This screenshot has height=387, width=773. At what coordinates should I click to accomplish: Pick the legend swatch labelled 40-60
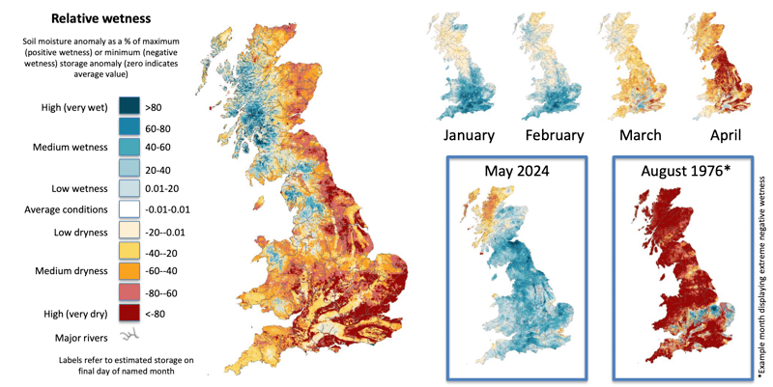[129, 146]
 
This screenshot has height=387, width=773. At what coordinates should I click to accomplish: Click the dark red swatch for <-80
[129, 313]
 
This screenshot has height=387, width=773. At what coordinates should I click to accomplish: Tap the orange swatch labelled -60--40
[129, 271]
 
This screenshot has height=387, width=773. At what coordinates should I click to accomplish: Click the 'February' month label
[553, 135]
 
